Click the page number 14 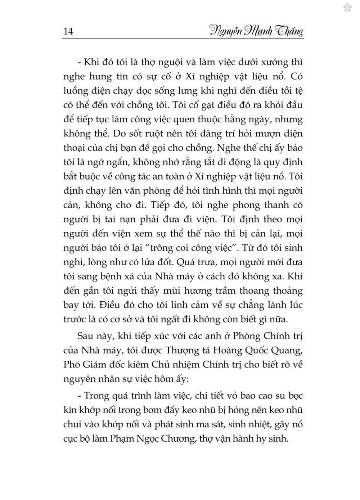[x=68, y=31]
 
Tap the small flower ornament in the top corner [x=347, y=8]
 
